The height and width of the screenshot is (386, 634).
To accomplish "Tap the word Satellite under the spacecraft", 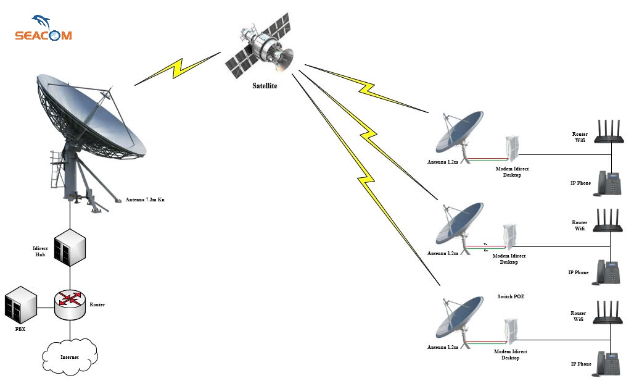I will [265, 86].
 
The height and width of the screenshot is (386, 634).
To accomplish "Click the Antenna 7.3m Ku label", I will [145, 199].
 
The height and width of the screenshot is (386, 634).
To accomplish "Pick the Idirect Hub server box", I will [70, 246].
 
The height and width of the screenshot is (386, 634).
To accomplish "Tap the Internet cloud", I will [70, 357].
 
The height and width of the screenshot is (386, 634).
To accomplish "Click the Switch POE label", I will [511, 296].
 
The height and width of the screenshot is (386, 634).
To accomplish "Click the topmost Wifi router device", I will [611, 133].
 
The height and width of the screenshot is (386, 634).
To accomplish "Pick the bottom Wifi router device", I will [611, 313].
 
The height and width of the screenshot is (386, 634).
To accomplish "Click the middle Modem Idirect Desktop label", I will [509, 259].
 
